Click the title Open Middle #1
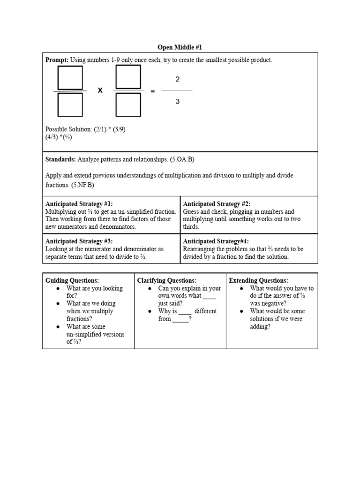point(180,47)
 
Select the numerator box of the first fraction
point(70,77)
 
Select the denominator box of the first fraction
point(70,104)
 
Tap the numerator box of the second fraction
point(128,76)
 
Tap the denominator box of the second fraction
point(128,104)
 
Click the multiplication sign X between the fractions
point(100,90)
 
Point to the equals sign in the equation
point(152,91)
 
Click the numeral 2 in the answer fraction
point(177,80)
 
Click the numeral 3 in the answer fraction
point(177,101)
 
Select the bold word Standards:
point(60,159)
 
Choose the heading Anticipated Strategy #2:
point(217,204)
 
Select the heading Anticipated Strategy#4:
point(216,241)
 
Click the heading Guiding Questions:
point(72,280)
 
